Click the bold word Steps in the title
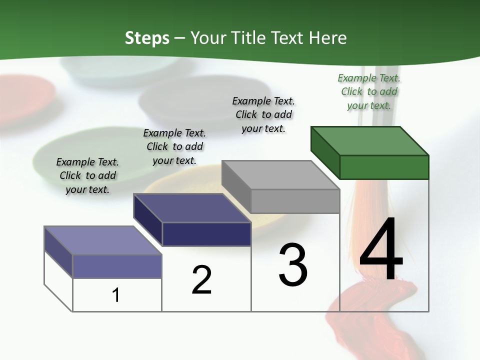147,38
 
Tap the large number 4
381,250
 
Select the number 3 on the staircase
293,265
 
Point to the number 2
202,280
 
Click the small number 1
116,295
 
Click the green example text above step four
369,91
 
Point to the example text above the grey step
263,114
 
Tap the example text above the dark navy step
174,146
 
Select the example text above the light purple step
87,175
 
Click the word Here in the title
328,38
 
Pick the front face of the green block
384,167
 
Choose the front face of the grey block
295,201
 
